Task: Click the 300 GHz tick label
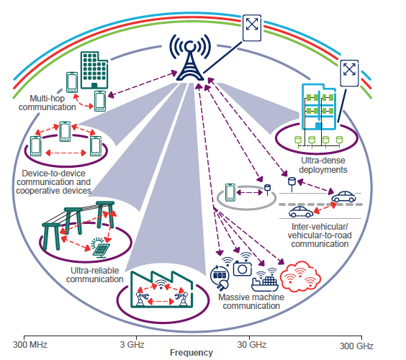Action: tap(357, 343)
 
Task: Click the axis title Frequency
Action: tap(191, 353)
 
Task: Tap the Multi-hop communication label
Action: tap(53, 102)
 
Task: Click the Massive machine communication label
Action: tap(251, 301)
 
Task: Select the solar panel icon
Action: tap(101, 249)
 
